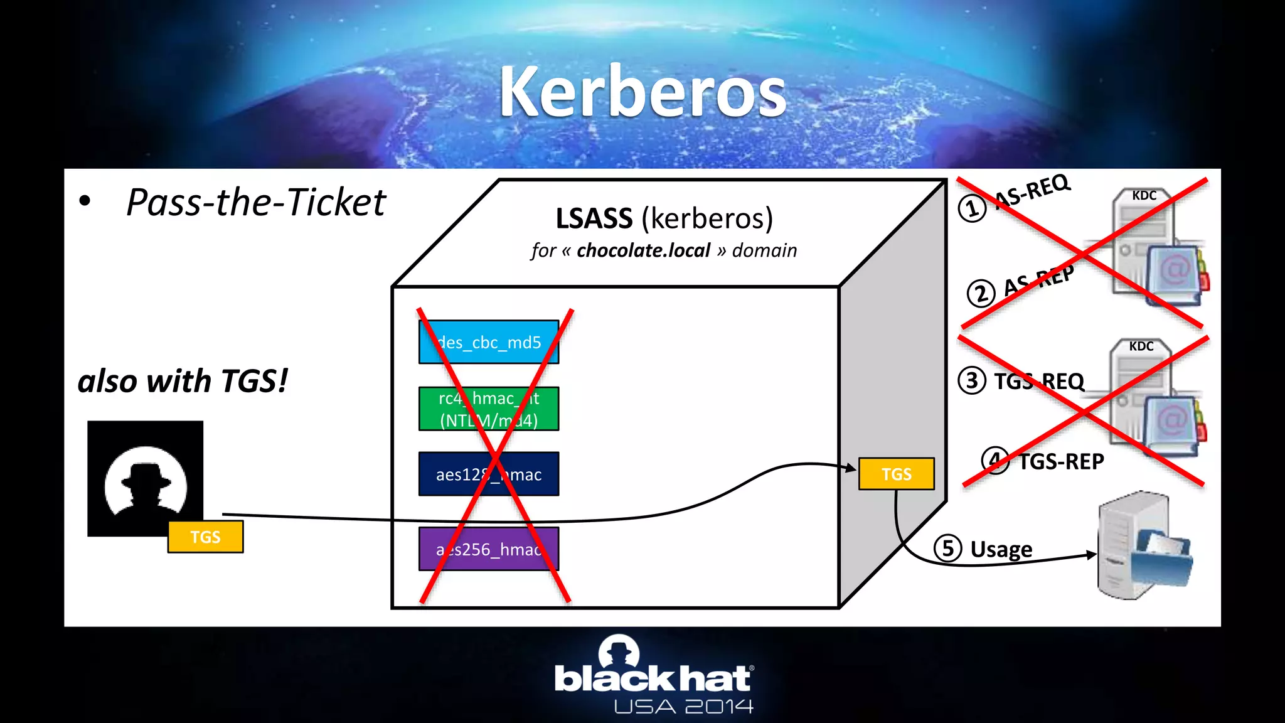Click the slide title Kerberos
point(642,93)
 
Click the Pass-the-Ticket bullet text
point(256,202)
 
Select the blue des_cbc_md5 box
point(489,342)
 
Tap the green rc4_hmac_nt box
point(489,409)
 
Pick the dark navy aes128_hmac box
point(489,474)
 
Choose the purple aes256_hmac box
point(489,549)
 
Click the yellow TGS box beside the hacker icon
point(205,537)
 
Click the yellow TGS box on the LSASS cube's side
point(896,474)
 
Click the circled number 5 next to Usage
point(947,548)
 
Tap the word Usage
point(1001,549)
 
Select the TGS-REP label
point(1061,462)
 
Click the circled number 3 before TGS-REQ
point(972,380)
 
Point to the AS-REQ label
point(1033,191)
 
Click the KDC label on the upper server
point(1144,195)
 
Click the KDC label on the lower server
point(1141,346)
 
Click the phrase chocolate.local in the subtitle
point(643,250)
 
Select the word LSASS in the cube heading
point(594,218)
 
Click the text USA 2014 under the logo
point(683,707)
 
